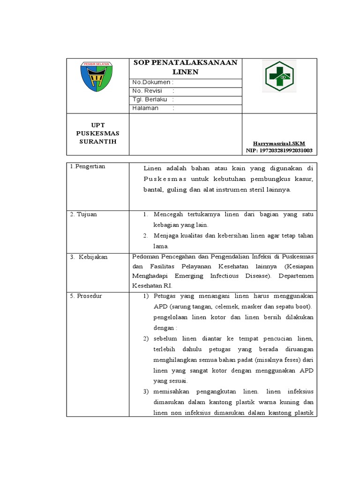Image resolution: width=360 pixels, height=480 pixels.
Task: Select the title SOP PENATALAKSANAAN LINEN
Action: pos(186,67)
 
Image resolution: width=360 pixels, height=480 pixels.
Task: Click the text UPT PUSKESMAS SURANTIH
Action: pos(97,134)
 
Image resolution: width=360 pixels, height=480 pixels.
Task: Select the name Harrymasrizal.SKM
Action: pos(279,143)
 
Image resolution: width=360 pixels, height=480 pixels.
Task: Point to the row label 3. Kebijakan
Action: pos(89,257)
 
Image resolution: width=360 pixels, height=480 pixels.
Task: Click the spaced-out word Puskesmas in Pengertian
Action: pos(165,179)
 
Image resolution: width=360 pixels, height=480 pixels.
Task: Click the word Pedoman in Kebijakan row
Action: pos(146,257)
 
